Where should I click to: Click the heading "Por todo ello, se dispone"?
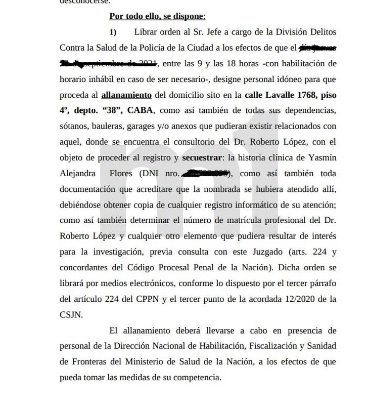coord(157,16)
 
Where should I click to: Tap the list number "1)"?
coord(113,32)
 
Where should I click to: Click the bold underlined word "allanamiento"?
coord(126,95)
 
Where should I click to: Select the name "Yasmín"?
coord(322,157)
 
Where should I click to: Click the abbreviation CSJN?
coord(70,314)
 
